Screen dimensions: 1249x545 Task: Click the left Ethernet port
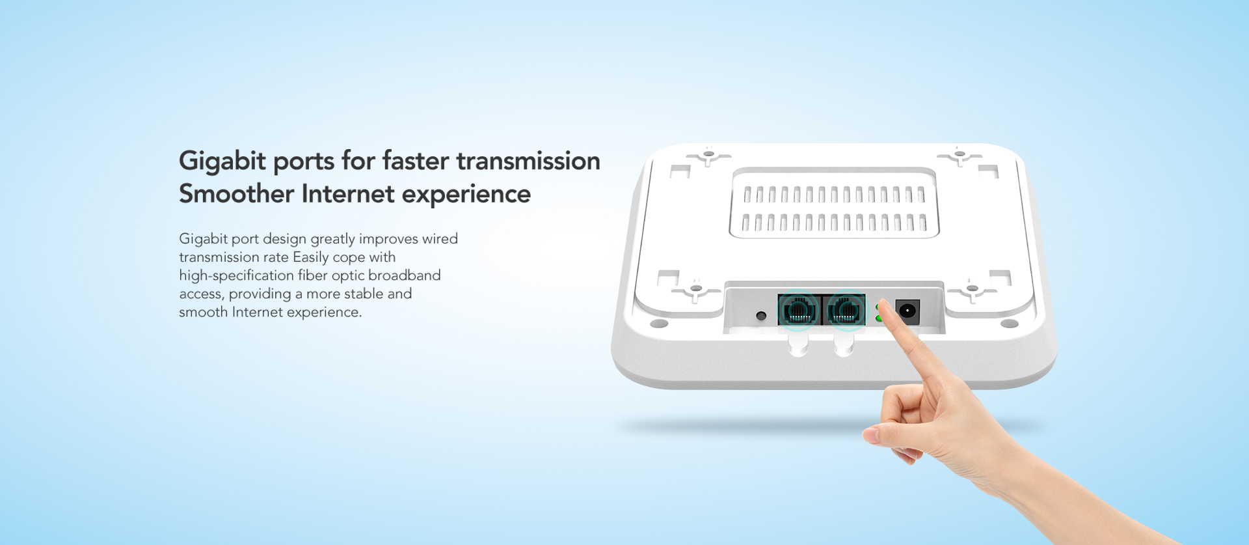coord(799,309)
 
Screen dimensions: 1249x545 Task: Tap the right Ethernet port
coord(844,309)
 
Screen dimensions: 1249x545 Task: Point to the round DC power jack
coord(907,311)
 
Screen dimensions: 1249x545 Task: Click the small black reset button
coord(761,316)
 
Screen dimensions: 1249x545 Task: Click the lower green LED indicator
coord(879,318)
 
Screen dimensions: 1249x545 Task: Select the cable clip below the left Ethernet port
coord(798,344)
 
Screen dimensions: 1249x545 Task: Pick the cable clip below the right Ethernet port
coord(844,344)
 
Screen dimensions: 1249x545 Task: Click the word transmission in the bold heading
coord(528,161)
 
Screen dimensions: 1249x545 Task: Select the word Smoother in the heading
coord(236,193)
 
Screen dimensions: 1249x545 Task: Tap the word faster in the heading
coord(416,161)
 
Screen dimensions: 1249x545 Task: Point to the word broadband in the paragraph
coord(405,275)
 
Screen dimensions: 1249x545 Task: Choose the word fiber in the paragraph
coord(313,275)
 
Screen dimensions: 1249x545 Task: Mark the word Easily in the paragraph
coord(310,258)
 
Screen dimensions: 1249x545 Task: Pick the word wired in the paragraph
coord(440,239)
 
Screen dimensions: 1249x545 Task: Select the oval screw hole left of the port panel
coord(659,323)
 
